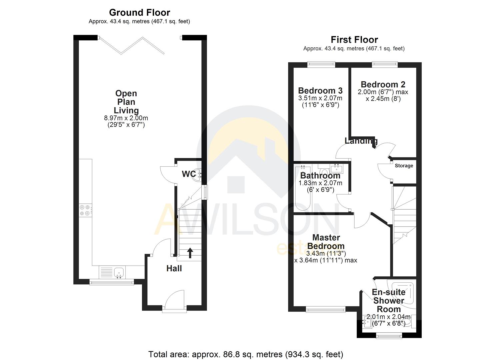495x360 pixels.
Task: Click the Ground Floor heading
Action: point(139,13)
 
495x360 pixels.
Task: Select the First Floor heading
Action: point(354,40)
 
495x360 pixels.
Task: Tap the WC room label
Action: point(188,174)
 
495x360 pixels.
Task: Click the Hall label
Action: point(174,268)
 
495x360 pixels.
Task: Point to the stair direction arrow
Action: point(190,253)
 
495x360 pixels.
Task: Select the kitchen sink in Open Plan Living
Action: point(119,272)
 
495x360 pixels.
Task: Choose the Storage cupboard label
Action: point(404,166)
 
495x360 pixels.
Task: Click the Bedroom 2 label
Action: point(383,84)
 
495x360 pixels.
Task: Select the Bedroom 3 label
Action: point(320,90)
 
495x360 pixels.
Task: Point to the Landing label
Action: point(361,141)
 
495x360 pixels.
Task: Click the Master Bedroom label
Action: point(326,242)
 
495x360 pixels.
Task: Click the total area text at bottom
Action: point(245,354)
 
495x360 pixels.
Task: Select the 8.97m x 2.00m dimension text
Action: point(126,118)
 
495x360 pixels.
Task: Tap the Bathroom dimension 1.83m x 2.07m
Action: point(320,183)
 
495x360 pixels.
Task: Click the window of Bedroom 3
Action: point(321,64)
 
